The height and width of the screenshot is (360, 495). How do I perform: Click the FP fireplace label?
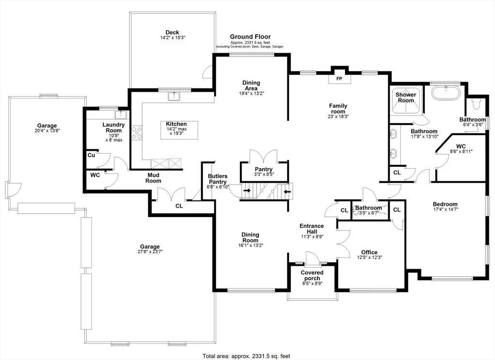(x=339, y=79)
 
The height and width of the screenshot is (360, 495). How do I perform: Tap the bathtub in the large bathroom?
(x=446, y=93)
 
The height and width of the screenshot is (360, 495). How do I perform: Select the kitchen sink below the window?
(x=174, y=96)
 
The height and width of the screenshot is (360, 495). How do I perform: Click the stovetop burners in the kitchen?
(x=137, y=132)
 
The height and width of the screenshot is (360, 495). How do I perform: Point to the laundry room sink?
(x=120, y=114)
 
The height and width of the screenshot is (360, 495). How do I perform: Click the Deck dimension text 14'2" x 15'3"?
(x=173, y=38)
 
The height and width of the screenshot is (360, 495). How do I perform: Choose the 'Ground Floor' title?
(x=250, y=37)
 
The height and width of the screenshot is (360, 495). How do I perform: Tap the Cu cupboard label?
(x=91, y=155)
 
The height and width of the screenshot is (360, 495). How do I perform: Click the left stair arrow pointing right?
(x=247, y=190)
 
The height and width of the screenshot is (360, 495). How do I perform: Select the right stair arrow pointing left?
(x=287, y=191)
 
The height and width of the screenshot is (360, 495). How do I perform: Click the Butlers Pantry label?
(x=218, y=179)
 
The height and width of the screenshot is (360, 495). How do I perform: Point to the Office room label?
(x=369, y=252)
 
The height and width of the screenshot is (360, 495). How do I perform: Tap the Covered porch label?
(x=312, y=275)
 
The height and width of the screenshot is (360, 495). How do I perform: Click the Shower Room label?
(x=406, y=98)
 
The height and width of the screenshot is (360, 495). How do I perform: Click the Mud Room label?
(x=153, y=178)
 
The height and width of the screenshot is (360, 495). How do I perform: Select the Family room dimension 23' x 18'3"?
(x=338, y=116)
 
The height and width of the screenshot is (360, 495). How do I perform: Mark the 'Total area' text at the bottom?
(x=246, y=356)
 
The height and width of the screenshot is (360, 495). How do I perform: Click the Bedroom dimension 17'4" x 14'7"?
(x=445, y=209)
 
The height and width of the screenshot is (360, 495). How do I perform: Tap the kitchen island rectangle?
(x=179, y=130)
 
